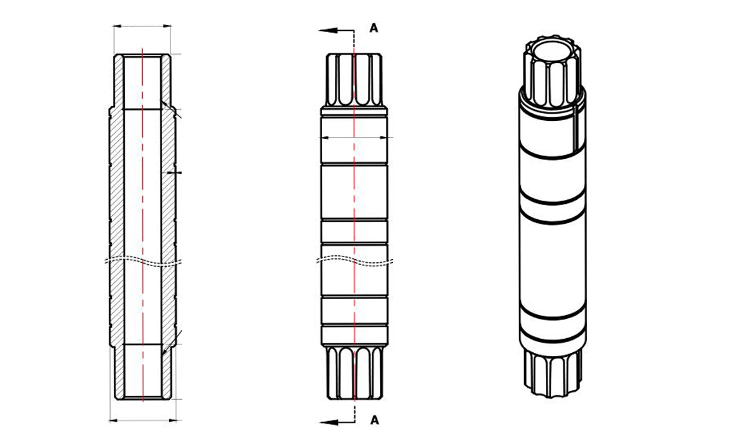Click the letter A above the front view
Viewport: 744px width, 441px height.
(374, 28)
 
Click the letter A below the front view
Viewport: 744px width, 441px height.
(374, 420)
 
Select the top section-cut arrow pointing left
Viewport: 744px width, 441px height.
(329, 30)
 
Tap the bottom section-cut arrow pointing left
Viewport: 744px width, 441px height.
(329, 421)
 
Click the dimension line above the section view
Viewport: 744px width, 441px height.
(142, 26)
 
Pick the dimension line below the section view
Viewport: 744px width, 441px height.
(142, 420)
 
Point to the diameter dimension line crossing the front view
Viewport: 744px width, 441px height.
(355, 137)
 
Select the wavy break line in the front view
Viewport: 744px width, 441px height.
(354, 260)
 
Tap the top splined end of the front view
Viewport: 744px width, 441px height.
(354, 80)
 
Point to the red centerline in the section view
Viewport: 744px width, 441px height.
(142, 193)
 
